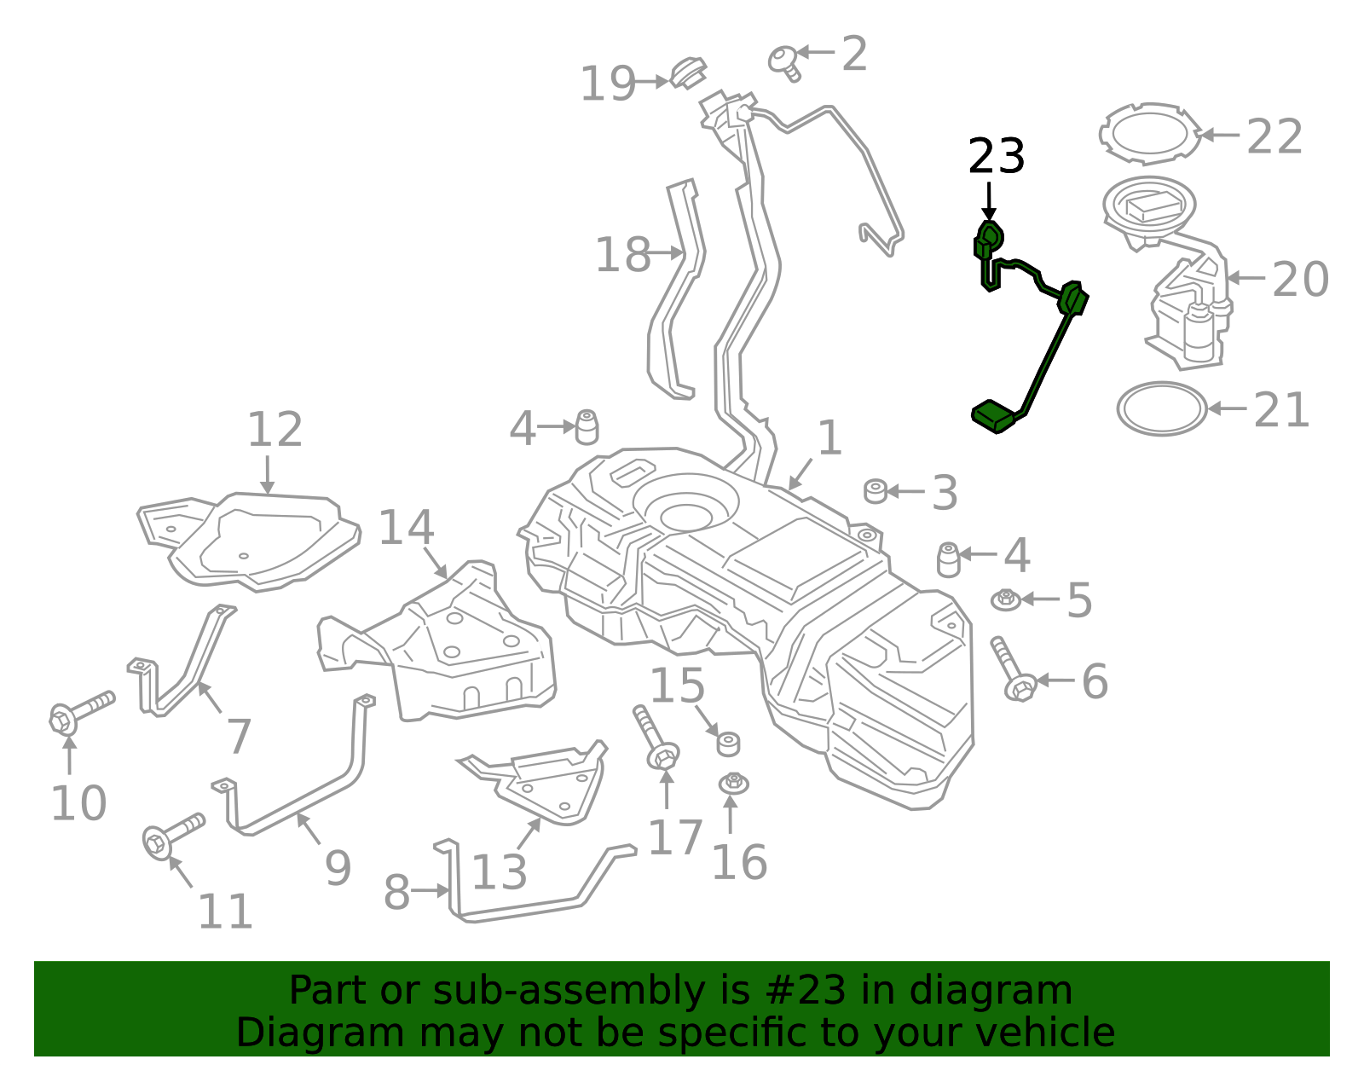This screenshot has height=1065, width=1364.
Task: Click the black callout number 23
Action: [996, 157]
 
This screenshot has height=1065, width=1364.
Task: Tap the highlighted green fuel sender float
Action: [994, 415]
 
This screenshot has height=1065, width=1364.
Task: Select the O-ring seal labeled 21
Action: [1161, 409]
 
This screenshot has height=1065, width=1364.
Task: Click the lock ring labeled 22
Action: [1149, 134]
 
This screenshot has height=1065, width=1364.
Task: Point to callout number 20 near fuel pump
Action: [1299, 279]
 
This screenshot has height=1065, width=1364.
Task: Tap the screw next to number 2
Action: [784, 61]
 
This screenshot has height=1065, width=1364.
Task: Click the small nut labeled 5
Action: [1006, 599]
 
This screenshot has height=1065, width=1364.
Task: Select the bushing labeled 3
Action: [876, 491]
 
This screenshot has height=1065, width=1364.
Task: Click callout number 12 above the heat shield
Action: [275, 430]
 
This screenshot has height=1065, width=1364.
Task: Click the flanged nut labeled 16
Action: [733, 782]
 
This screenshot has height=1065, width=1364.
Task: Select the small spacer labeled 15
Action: [727, 744]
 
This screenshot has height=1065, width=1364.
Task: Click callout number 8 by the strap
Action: [396, 892]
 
